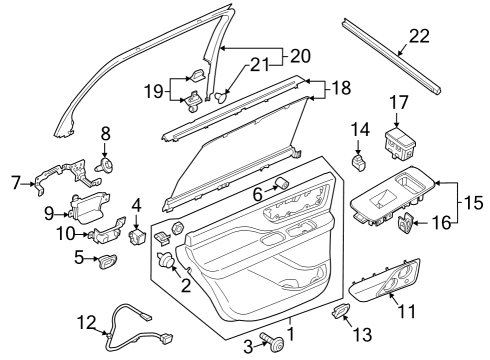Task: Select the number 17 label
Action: click(399, 102)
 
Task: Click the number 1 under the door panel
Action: click(291, 333)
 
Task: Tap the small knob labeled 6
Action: click(281, 183)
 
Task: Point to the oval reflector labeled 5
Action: click(105, 261)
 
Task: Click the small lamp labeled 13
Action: click(340, 313)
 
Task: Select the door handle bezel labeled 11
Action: click(393, 281)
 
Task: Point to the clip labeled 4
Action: click(137, 237)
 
